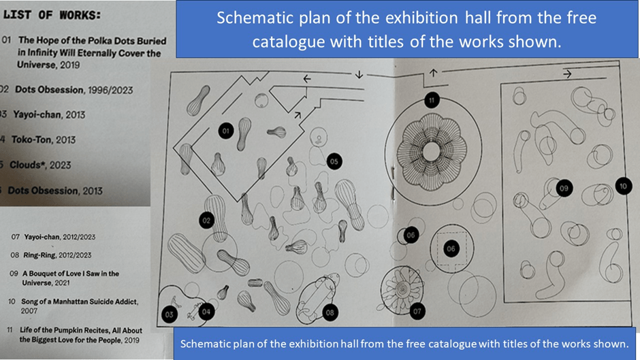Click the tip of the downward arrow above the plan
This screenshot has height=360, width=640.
pyautogui.click(x=359, y=78)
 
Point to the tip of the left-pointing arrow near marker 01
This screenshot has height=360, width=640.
pyautogui.click(x=303, y=79)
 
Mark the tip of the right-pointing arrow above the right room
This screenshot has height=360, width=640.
pyautogui.click(x=571, y=74)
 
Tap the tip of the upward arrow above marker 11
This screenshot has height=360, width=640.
pyautogui.click(x=434, y=69)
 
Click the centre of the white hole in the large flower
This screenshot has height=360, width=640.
pyautogui.click(x=432, y=152)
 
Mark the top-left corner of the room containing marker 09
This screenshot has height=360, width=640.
pyautogui.click(x=501, y=84)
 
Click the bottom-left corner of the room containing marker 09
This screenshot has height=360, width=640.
pyautogui.click(x=505, y=302)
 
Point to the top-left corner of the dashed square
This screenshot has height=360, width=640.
pyautogui.click(x=438, y=233)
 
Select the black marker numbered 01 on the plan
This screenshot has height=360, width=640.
pyautogui.click(x=226, y=131)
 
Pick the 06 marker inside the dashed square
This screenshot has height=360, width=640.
pyautogui.click(x=451, y=249)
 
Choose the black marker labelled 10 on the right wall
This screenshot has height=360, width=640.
pyautogui.click(x=623, y=186)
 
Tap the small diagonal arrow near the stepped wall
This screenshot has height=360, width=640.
pyautogui.click(x=298, y=116)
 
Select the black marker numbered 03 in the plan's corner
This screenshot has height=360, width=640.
pyautogui.click(x=170, y=314)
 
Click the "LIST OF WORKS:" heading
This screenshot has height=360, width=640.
pyautogui.click(x=52, y=15)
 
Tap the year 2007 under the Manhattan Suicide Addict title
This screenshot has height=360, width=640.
pyautogui.click(x=29, y=311)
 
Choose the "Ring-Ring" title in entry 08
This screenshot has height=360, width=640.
pyautogui.click(x=39, y=255)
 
